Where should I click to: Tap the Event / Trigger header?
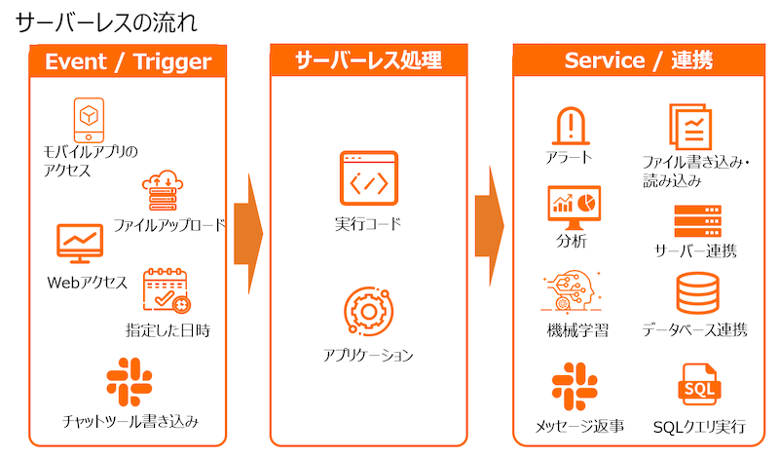tap(128, 62)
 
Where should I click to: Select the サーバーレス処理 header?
tap(369, 61)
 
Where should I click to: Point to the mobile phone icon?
tap(88, 118)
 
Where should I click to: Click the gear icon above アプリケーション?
tap(367, 311)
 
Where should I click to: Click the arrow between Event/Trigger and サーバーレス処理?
tap(248, 234)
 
